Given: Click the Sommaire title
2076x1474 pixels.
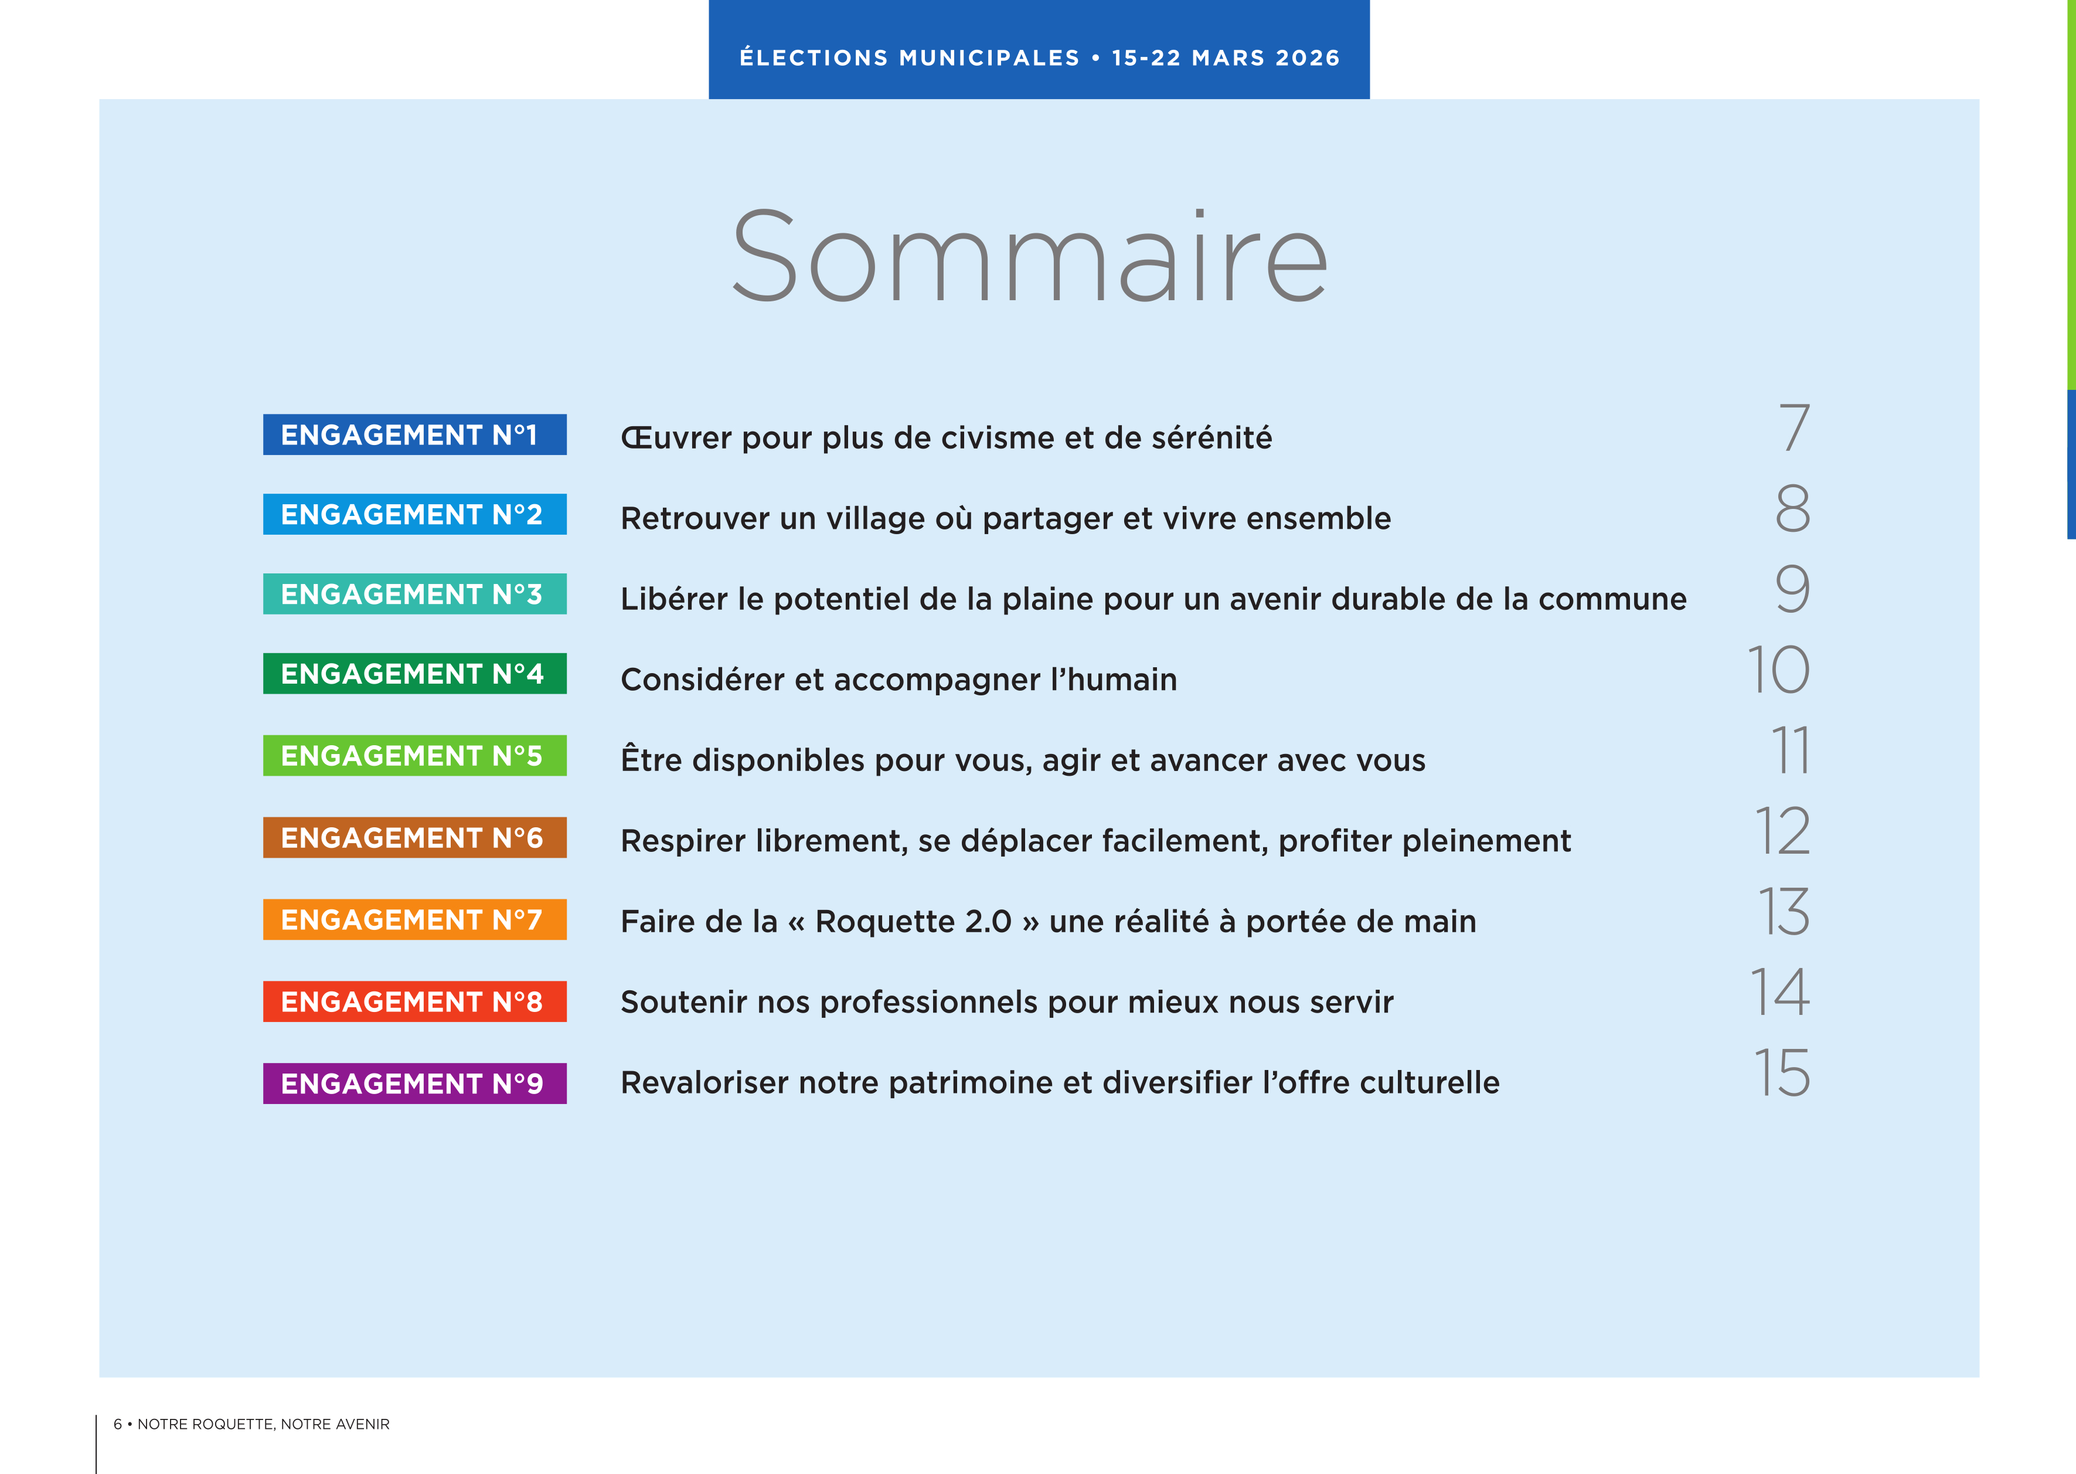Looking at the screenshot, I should (1029, 257).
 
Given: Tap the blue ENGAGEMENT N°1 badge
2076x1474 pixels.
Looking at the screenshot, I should (414, 435).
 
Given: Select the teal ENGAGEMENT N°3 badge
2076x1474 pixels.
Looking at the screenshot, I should (414, 593).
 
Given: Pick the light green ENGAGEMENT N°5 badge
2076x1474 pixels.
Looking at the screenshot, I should (414, 755).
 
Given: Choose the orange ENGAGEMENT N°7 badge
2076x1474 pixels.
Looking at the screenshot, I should (414, 919).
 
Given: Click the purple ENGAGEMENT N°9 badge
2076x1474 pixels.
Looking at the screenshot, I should (414, 1083).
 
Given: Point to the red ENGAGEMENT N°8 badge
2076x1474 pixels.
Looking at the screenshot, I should (414, 1001).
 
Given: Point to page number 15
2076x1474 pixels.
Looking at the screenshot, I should (1781, 1073).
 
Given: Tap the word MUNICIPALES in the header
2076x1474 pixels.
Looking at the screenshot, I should (989, 58).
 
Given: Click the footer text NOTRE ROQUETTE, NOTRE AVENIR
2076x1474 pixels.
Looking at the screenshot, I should (263, 1424).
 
